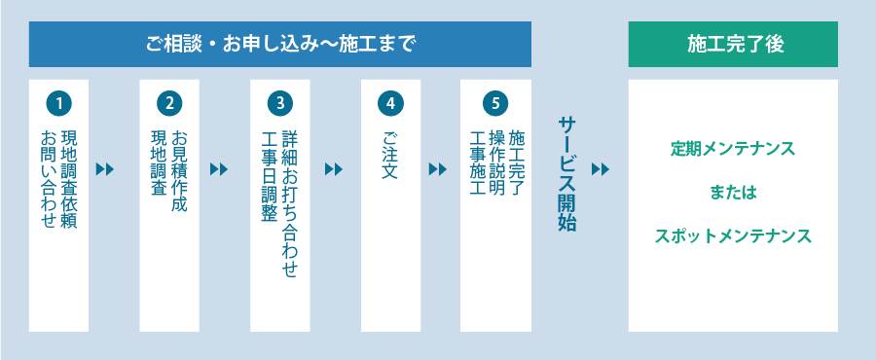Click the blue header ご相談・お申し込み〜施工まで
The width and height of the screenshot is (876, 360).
click(280, 44)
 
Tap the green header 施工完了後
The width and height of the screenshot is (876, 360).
click(733, 44)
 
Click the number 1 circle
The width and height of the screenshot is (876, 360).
click(58, 102)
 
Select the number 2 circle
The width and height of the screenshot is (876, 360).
click(169, 102)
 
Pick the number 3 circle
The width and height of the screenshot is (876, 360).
click(279, 102)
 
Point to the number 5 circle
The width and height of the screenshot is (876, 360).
click(495, 102)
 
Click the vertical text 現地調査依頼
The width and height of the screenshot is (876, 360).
click(69, 179)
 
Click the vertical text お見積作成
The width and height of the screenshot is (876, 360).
click(179, 171)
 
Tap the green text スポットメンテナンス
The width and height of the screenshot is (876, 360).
click(733, 235)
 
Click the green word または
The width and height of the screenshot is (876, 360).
click(733, 193)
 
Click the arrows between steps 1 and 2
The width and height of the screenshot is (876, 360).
click(105, 169)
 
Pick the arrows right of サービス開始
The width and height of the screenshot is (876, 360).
click(601, 169)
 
